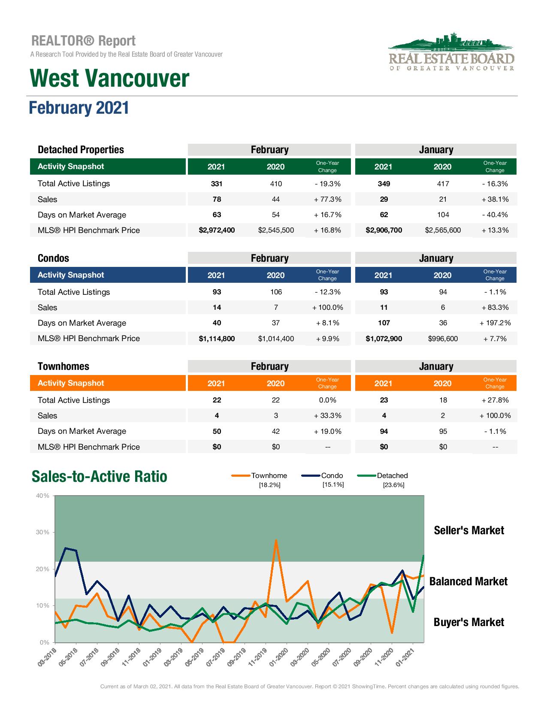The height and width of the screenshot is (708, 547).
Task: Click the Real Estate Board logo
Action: (451, 52)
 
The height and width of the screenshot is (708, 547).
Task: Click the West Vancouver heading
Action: (109, 79)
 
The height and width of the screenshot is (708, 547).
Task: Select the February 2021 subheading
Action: (79, 107)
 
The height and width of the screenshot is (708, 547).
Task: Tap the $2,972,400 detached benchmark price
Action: (217, 230)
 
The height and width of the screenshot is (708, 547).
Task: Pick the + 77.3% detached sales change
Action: (327, 199)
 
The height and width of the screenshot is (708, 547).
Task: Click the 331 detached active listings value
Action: (217, 184)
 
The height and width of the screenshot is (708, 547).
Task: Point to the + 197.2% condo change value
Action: (495, 323)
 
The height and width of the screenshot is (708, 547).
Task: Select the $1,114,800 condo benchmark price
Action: (217, 339)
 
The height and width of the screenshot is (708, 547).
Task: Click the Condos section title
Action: (53, 258)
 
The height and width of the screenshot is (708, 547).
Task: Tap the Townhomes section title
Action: (63, 366)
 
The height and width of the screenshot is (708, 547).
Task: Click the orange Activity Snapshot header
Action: (71, 383)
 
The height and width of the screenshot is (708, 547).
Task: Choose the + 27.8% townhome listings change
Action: (495, 400)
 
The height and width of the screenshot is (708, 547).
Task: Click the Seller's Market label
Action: (469, 530)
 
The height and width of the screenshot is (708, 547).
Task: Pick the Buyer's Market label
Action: (469, 622)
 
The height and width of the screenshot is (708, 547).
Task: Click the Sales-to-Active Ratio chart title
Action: (100, 477)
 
